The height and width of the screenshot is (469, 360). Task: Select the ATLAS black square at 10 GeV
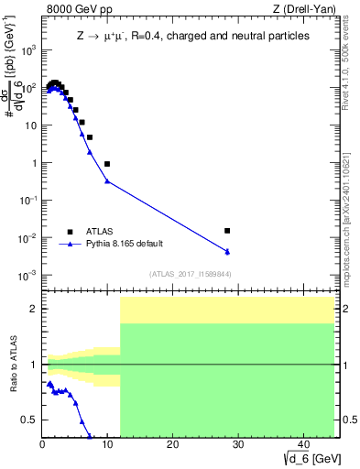click(107, 164)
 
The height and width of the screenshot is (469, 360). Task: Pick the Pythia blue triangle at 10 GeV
click(107, 180)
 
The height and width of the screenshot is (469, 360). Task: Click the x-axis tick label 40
click(301, 445)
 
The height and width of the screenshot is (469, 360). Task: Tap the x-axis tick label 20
click(172, 445)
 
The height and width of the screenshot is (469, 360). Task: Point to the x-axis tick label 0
click(43, 445)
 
